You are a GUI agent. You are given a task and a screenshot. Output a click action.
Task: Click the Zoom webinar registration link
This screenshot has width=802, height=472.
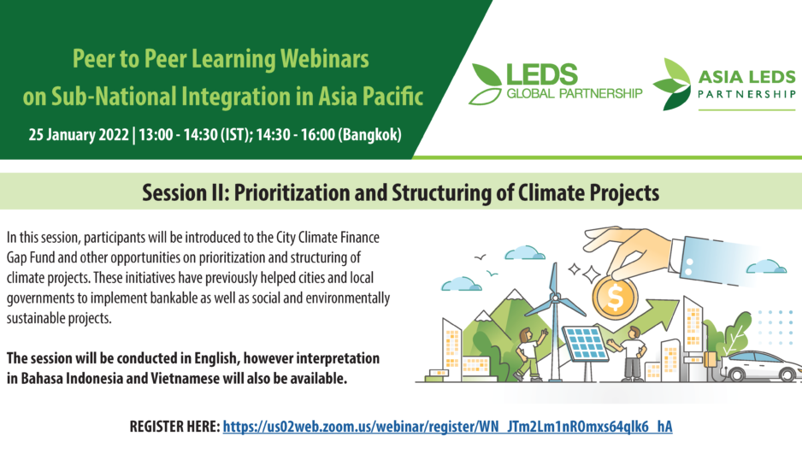click(x=447, y=427)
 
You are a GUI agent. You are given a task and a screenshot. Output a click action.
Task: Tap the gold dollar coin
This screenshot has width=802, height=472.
click(x=616, y=296)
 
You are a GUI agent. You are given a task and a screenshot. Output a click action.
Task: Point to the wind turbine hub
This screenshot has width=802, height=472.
click(x=556, y=297)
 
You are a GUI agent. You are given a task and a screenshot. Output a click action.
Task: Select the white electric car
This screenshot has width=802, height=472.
click(x=762, y=366)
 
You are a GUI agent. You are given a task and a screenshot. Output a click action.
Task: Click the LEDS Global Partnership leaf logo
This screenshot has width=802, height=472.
click(x=486, y=84)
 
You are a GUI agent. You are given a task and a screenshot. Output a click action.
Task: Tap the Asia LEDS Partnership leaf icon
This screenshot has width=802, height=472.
click(x=672, y=84)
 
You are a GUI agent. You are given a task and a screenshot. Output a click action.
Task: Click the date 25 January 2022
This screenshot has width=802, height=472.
click(x=79, y=134)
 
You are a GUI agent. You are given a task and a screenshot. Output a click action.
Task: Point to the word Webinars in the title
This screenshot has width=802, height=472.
click(x=324, y=59)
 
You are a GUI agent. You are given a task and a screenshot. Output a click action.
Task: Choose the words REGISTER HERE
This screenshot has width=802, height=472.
click(x=174, y=427)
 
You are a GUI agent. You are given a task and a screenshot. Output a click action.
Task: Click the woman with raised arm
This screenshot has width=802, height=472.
click(x=530, y=354)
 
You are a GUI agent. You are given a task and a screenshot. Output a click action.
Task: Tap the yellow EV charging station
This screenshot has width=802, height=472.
click(x=710, y=359)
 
